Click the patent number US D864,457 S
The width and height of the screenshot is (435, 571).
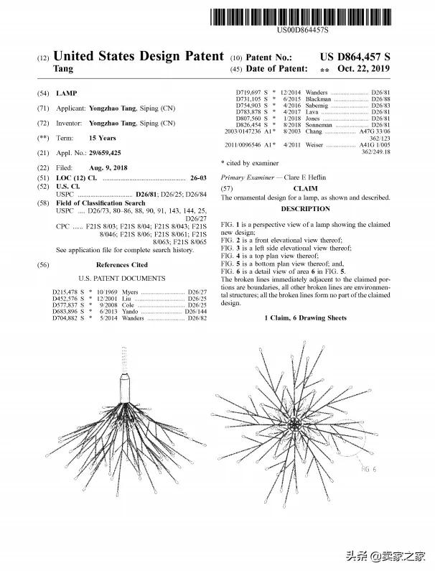click(355, 57)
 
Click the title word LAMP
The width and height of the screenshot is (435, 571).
click(67, 94)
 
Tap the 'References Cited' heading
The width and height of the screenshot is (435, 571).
click(121, 265)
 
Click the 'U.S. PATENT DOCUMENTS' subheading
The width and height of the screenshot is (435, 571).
click(121, 278)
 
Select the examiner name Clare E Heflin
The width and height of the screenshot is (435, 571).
click(299, 177)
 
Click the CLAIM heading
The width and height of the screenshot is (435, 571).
click(305, 187)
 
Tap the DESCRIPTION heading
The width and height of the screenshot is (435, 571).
click(305, 208)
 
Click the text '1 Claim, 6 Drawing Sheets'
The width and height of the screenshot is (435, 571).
click(305, 317)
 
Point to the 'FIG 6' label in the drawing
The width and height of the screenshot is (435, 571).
click(370, 468)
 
